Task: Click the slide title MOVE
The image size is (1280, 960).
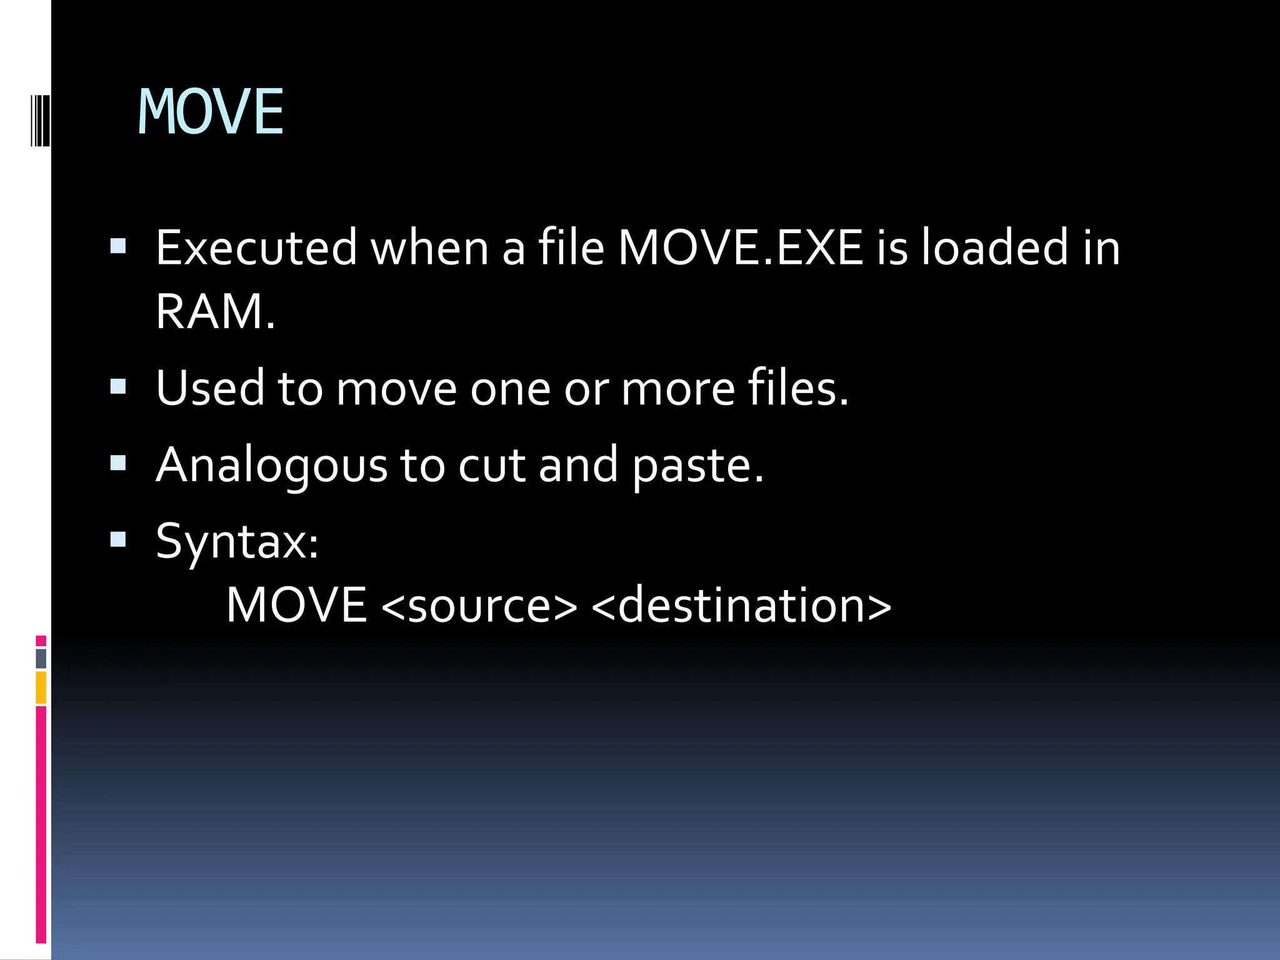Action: click(211, 112)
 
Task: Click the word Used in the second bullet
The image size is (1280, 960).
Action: click(211, 388)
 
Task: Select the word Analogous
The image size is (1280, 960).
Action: click(272, 466)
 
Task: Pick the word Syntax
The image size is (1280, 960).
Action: click(237, 542)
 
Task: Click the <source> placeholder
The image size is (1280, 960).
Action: click(479, 606)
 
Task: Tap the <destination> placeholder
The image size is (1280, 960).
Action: click(741, 606)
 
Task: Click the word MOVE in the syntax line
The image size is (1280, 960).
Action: click(296, 606)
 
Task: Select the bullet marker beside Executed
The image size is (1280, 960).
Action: click(117, 246)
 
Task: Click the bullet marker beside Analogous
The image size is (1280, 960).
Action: click(117, 463)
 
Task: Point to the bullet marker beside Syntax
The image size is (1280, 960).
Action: click(117, 539)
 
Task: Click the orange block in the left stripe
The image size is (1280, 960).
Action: click(41, 687)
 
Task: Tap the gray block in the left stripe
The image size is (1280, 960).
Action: click(41, 658)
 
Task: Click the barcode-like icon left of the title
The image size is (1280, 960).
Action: click(40, 120)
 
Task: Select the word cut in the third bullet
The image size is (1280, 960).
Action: click(493, 466)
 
